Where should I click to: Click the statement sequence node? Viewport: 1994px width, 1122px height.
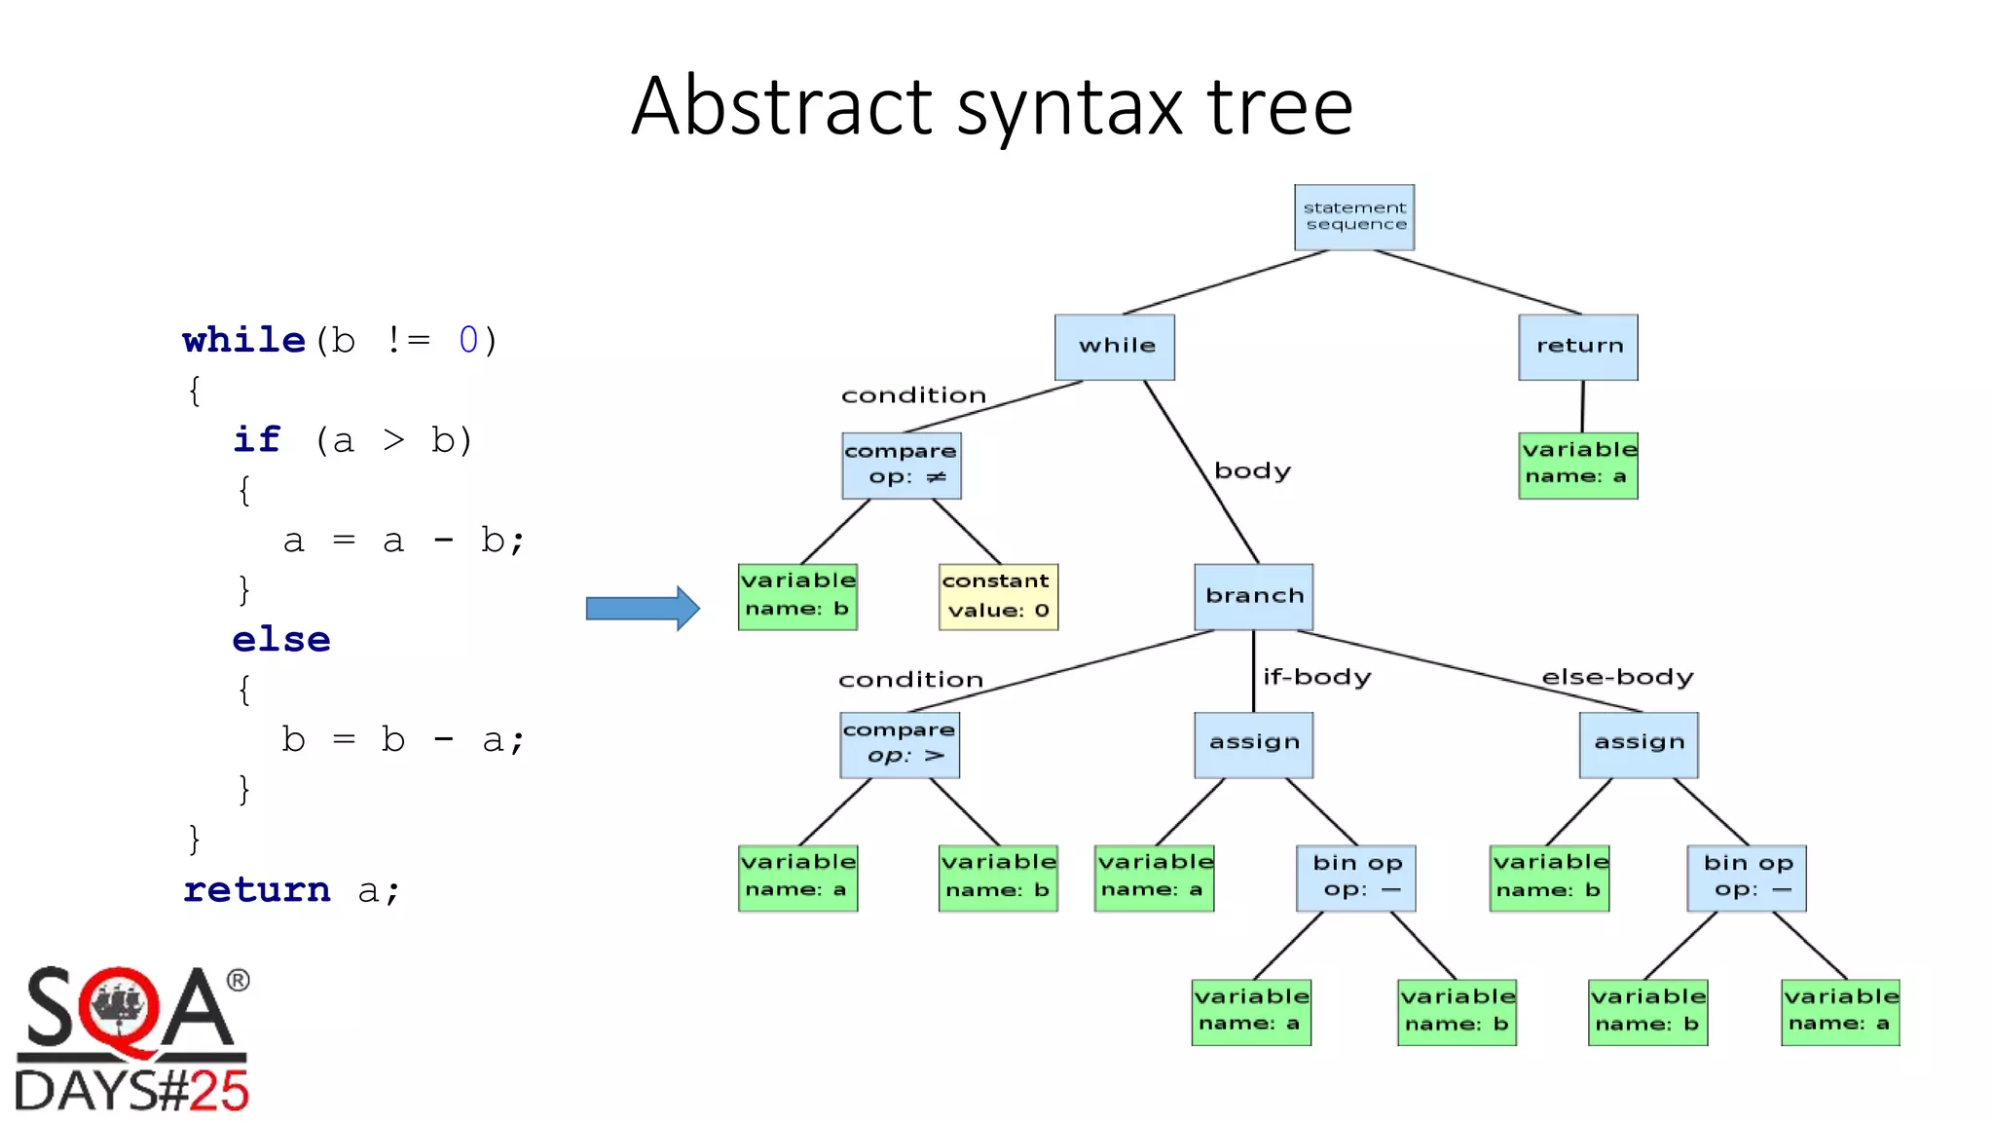pyautogui.click(x=1353, y=217)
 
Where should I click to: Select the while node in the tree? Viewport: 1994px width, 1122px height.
pyautogui.click(x=1115, y=347)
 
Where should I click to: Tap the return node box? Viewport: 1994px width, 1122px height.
pyautogui.click(x=1578, y=347)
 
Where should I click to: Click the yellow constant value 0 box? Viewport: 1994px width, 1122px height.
pyautogui.click(x=998, y=596)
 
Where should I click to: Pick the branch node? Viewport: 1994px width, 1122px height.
pyautogui.click(x=1254, y=596)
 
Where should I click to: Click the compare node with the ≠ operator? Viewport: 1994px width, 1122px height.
pyautogui.click(x=902, y=466)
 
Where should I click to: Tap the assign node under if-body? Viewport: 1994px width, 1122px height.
pyautogui.click(x=1254, y=744)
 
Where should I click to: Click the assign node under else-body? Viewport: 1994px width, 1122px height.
pyautogui.click(x=1639, y=744)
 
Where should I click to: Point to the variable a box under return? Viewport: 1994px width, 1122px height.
pyautogui.click(x=1578, y=465)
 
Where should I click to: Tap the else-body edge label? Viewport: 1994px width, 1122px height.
pyautogui.click(x=1617, y=677)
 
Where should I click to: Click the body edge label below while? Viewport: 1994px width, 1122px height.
pyautogui.click(x=1252, y=471)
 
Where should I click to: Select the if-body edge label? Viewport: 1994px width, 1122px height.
pyautogui.click(x=1316, y=677)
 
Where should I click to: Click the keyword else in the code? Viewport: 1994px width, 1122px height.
pyautogui.click(x=281, y=640)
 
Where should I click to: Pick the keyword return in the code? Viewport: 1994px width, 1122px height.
pyautogui.click(x=257, y=889)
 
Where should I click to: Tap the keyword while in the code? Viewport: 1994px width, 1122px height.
pyautogui.click(x=243, y=340)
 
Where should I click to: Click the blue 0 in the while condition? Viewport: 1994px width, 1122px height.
pyautogui.click(x=468, y=340)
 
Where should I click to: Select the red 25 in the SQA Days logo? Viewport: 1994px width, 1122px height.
pyautogui.click(x=219, y=1091)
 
